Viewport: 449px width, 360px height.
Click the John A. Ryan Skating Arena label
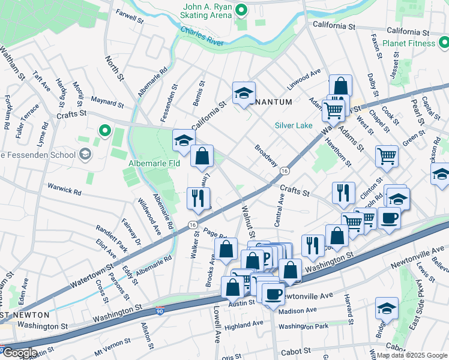(x=206, y=10)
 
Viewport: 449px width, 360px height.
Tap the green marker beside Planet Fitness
(x=443, y=43)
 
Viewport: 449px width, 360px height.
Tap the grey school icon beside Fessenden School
(x=85, y=155)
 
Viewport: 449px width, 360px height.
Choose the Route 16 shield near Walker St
(x=192, y=224)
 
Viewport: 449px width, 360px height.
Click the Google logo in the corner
(x=19, y=352)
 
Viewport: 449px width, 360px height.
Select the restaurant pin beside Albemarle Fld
(x=197, y=198)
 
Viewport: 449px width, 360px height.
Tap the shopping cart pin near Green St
(x=387, y=156)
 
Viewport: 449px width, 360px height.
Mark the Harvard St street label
(x=347, y=307)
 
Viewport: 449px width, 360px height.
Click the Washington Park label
(x=303, y=326)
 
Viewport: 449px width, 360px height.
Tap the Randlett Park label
(x=112, y=238)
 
